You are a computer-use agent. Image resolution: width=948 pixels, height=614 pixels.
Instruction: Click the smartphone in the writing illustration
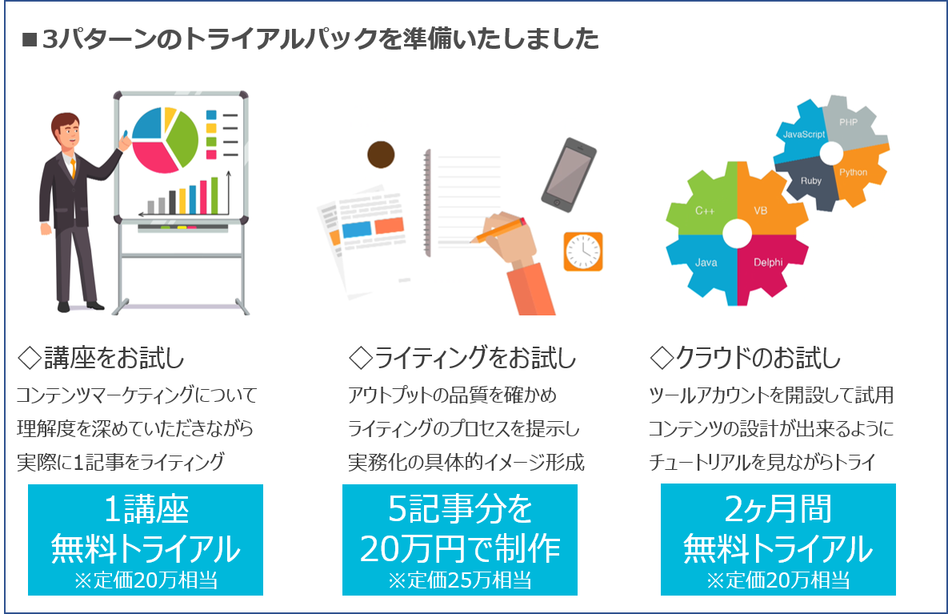click(x=568, y=175)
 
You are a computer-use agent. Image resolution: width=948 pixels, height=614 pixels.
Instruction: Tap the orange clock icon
click(x=583, y=251)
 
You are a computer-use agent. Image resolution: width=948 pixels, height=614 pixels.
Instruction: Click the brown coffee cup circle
click(x=381, y=155)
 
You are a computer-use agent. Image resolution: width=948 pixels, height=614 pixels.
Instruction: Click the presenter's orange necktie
click(x=73, y=167)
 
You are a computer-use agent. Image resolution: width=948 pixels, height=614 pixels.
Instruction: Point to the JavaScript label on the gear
click(x=803, y=134)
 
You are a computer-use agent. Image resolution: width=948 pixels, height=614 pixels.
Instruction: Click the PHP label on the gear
click(x=848, y=122)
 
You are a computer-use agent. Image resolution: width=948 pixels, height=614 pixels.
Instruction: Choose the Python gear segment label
click(x=853, y=172)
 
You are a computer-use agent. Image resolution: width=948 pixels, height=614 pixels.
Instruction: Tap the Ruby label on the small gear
click(x=810, y=181)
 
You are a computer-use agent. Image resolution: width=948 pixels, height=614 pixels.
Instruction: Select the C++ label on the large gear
click(x=704, y=211)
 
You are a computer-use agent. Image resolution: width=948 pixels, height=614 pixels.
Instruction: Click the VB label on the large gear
click(x=761, y=211)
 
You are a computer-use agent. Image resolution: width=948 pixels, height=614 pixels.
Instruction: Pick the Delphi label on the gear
click(x=768, y=263)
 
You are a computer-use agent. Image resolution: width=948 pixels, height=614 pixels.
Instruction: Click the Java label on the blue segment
click(x=706, y=263)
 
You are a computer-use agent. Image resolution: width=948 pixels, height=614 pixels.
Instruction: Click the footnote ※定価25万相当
click(x=459, y=580)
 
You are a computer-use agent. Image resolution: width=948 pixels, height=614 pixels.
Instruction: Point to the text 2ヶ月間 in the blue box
click(x=778, y=509)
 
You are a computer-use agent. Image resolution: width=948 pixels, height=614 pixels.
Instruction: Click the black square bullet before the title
click(x=30, y=41)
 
